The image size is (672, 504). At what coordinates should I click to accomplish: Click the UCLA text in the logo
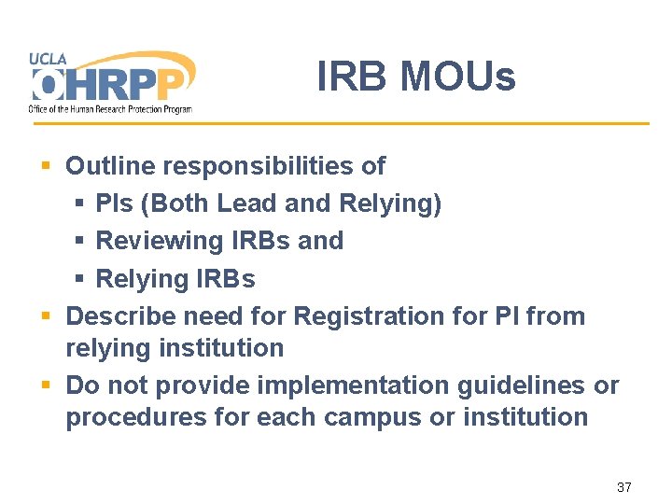pos(49,58)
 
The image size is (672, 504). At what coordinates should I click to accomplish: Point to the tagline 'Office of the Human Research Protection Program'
pos(110,109)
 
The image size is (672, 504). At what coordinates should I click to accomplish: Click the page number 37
pos(624,487)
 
